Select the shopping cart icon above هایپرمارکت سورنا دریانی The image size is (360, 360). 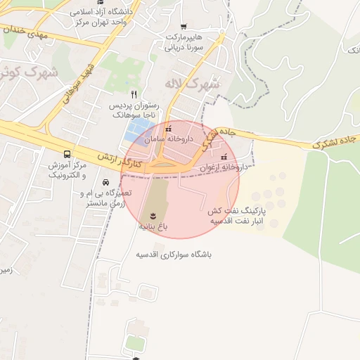click(184, 26)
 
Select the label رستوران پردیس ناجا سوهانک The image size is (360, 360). click(134, 108)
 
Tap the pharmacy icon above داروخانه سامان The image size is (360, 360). click(167, 129)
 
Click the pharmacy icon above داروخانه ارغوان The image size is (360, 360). click(224, 157)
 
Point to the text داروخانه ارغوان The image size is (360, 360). click(224, 168)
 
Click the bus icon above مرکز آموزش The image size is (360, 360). click(67, 153)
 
